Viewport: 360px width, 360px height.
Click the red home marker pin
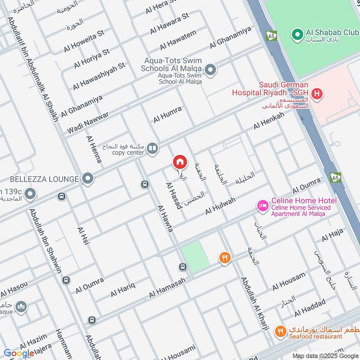click(x=180, y=162)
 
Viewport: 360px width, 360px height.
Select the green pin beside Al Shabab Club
click(x=297, y=34)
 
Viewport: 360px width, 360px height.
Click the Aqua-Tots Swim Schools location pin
click(x=210, y=70)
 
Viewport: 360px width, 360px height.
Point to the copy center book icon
click(x=153, y=148)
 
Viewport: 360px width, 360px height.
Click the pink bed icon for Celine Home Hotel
click(x=262, y=206)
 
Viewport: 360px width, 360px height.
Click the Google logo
click(x=19, y=353)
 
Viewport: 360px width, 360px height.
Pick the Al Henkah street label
click(x=269, y=121)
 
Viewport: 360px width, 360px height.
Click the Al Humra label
click(x=167, y=114)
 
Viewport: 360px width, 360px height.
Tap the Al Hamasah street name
click(x=167, y=288)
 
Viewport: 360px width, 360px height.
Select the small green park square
click(x=195, y=256)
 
